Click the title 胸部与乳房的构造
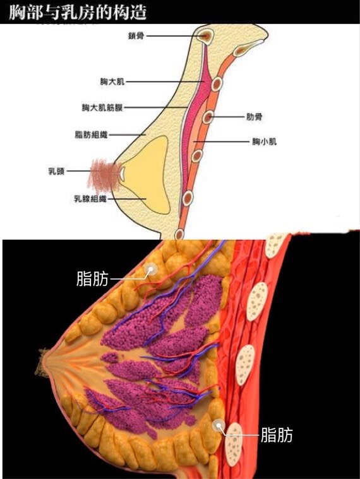[x=78, y=12]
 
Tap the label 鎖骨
[x=136, y=36]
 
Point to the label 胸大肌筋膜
[x=102, y=107]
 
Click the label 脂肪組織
[x=91, y=134]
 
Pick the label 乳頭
[x=57, y=171]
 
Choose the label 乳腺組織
[x=90, y=199]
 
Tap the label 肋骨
[x=255, y=117]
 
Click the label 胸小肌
[x=265, y=141]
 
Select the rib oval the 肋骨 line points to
[x=208, y=117]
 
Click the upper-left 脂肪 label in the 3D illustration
[x=92, y=278]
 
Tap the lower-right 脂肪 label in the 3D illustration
[x=277, y=435]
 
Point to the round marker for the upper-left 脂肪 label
[x=151, y=269]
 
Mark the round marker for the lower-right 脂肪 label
[x=219, y=426]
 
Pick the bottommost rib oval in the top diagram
[x=180, y=235]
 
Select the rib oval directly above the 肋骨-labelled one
[x=217, y=84]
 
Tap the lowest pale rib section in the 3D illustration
[x=234, y=441]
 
